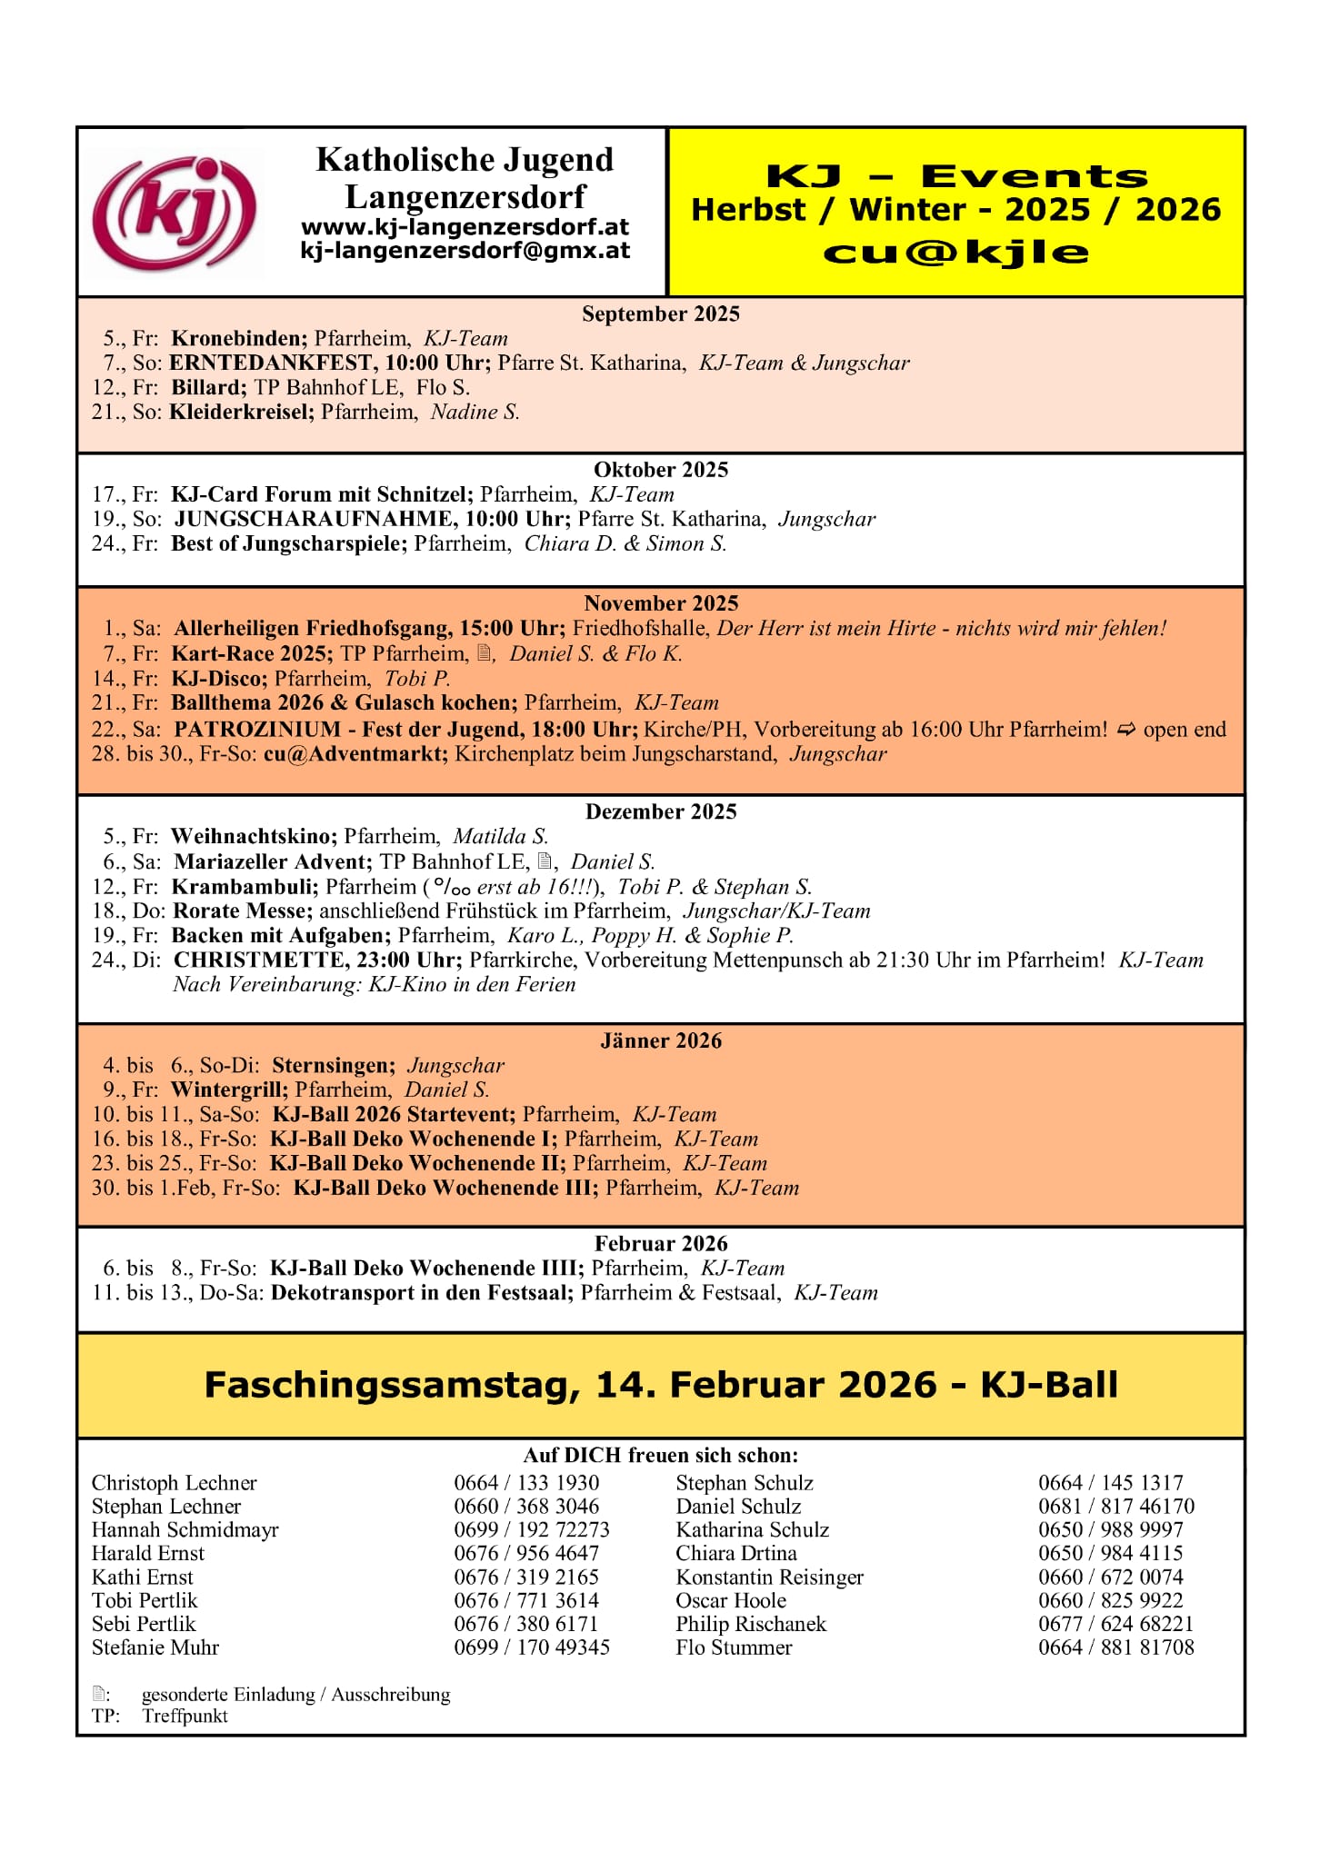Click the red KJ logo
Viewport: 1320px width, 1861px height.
tap(175, 214)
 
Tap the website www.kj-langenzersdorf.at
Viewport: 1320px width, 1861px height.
tap(465, 227)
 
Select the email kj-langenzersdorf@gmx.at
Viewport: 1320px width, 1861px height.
tap(465, 251)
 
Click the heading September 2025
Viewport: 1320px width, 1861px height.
tap(661, 314)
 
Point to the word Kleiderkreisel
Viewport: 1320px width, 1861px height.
tap(241, 412)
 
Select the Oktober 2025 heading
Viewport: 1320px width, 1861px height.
tap(661, 470)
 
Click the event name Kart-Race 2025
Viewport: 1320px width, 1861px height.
tap(252, 653)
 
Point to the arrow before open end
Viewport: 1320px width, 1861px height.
tap(1126, 729)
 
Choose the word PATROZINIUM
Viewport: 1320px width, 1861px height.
tap(257, 729)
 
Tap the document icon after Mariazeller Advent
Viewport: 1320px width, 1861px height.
tap(545, 861)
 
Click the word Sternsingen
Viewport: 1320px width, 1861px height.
tap(333, 1065)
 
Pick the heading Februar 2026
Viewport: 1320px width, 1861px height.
tap(661, 1243)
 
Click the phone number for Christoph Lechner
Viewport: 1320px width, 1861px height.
tap(526, 1482)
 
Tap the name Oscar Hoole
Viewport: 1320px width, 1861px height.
tap(731, 1600)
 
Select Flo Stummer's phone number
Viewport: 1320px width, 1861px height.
tap(1115, 1647)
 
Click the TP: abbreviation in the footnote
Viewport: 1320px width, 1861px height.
tap(105, 1716)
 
